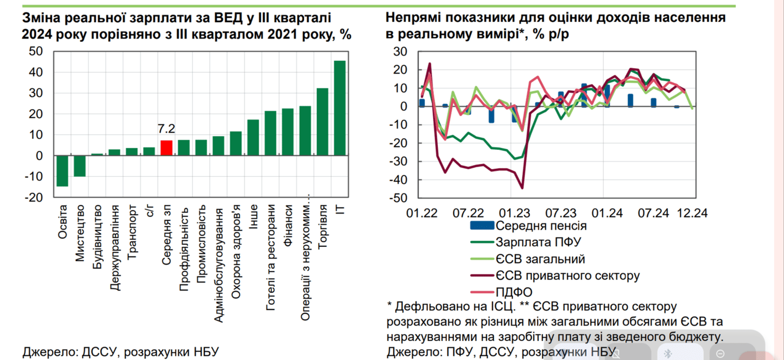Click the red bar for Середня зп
click(x=166, y=148)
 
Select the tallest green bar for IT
click(x=340, y=108)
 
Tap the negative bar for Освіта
click(x=62, y=171)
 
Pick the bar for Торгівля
click(x=323, y=122)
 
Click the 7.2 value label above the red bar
click(x=166, y=129)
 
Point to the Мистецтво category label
click(x=80, y=233)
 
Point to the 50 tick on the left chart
click(x=36, y=52)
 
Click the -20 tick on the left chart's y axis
click(x=33, y=198)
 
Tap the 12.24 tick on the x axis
click(x=693, y=213)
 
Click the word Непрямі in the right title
click(x=413, y=17)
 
